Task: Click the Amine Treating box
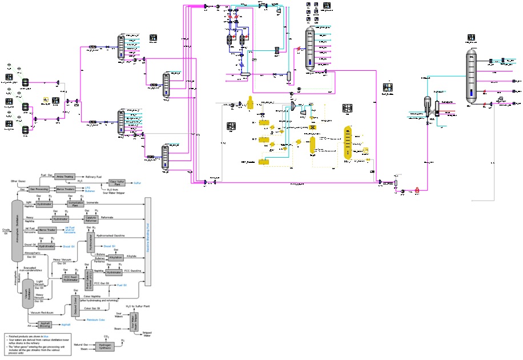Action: pyautogui.click(x=66, y=176)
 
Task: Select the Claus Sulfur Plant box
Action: pyautogui.click(x=117, y=183)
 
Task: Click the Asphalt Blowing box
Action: pyautogui.click(x=50, y=324)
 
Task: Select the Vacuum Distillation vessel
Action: pyautogui.click(x=27, y=292)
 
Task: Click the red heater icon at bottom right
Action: pyautogui.click(x=417, y=189)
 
